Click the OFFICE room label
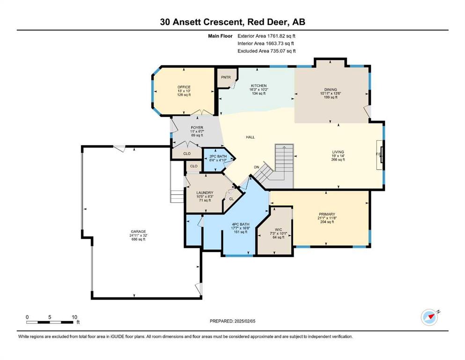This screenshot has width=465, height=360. [184, 87]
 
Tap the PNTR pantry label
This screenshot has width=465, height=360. [226, 77]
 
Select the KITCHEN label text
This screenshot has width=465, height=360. [259, 86]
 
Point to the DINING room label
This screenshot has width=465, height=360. [331, 90]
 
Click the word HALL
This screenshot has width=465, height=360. [250, 137]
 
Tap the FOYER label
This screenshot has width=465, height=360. [197, 128]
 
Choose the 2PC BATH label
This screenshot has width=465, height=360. [218, 157]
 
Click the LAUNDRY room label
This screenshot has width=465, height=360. [205, 193]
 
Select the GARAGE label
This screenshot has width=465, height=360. [139, 232]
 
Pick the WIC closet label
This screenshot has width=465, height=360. [279, 230]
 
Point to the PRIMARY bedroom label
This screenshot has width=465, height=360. [327, 214]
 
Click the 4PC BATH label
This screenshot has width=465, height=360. [241, 225]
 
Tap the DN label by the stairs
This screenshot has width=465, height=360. [257, 167]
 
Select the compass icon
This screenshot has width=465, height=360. [429, 317]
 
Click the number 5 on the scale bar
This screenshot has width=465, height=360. [50, 317]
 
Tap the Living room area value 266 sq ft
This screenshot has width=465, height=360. [338, 160]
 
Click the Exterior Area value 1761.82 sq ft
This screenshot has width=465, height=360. [281, 36]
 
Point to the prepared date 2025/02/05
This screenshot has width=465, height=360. [245, 321]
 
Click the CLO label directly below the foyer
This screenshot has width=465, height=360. [187, 154]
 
